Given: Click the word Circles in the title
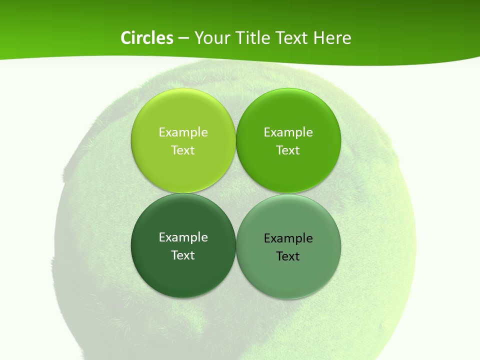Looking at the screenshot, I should click(147, 38).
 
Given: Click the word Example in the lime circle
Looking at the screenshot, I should click(183, 132).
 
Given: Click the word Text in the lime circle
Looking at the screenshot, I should click(183, 150).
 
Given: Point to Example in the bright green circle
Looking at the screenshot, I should click(288, 132).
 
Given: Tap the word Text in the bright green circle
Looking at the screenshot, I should click(288, 150).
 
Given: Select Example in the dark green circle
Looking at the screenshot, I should click(183, 237).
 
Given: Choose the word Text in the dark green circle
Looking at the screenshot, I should click(183, 255).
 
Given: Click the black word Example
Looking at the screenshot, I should click(288, 238).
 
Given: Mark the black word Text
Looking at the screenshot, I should click(288, 256).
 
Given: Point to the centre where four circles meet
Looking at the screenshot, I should click(236, 193).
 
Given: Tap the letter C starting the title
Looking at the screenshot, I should click(126, 38).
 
